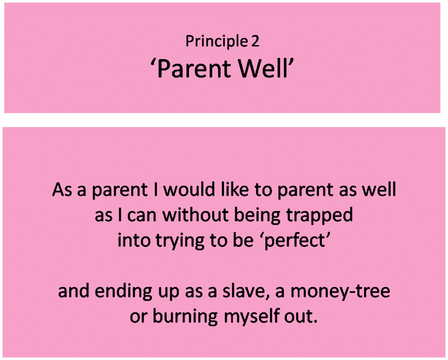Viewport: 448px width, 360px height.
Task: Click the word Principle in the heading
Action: tap(217, 42)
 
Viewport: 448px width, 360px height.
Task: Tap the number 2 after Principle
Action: tap(255, 41)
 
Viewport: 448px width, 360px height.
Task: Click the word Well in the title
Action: tap(263, 68)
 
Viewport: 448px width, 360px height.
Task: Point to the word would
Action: tap(189, 189)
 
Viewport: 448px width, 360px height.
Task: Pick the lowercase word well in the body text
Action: tap(379, 189)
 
